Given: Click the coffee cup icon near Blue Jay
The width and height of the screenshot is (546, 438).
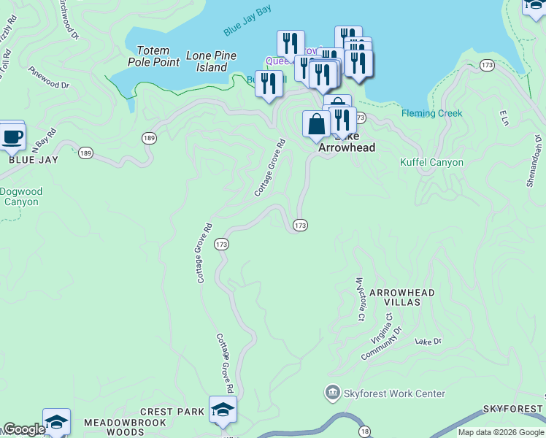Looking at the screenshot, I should pos(12,135).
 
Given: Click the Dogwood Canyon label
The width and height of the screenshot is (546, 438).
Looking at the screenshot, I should pos(21,197).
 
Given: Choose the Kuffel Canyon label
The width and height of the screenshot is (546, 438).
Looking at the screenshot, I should pos(431,162).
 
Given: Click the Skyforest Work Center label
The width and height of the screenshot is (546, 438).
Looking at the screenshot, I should pos(394,393).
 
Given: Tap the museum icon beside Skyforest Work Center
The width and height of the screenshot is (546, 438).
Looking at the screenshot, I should pos(334,393).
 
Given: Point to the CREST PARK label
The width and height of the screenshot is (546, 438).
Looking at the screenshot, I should pos(172,412).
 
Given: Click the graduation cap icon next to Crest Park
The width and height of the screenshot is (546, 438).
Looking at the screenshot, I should pos(223,410).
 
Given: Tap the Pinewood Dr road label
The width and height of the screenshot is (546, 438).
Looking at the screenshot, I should pos(48,79).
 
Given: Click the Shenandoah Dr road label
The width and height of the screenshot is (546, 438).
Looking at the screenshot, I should pos(534,160).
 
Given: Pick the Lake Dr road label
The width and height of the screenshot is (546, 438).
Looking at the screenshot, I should pos(428,341).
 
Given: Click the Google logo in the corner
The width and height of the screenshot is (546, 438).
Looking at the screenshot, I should pos(24,429).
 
